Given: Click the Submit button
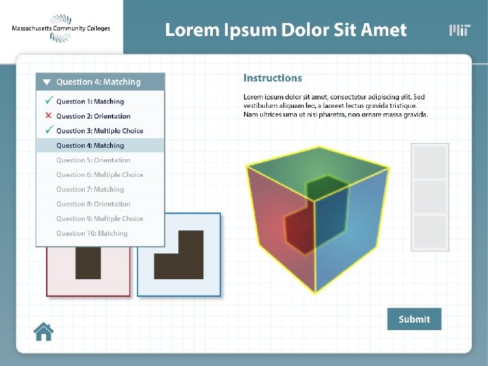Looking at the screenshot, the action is point(414,319).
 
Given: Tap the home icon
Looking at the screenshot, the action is point(44,331).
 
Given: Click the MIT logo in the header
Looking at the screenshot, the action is point(460,30).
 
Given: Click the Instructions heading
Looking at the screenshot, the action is point(272,79).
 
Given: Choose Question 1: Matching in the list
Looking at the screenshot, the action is point(90,102).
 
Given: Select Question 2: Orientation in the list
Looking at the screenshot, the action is point(93,117).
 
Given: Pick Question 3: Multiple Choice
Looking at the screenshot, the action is point(100,131).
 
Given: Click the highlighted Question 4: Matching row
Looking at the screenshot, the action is point(100,146).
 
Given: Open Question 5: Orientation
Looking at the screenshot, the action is point(93,161).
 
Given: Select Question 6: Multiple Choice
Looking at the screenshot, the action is point(100,175).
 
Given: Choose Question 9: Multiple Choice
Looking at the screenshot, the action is point(100,219).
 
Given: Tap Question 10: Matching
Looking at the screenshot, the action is point(91,234).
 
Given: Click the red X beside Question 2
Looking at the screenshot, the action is point(48,116).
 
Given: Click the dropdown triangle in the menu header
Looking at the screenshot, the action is point(47,82).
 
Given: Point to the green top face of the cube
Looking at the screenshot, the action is point(319,166).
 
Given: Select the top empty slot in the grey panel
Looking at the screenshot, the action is point(430,163).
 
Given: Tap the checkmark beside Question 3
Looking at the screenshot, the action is point(49,130).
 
